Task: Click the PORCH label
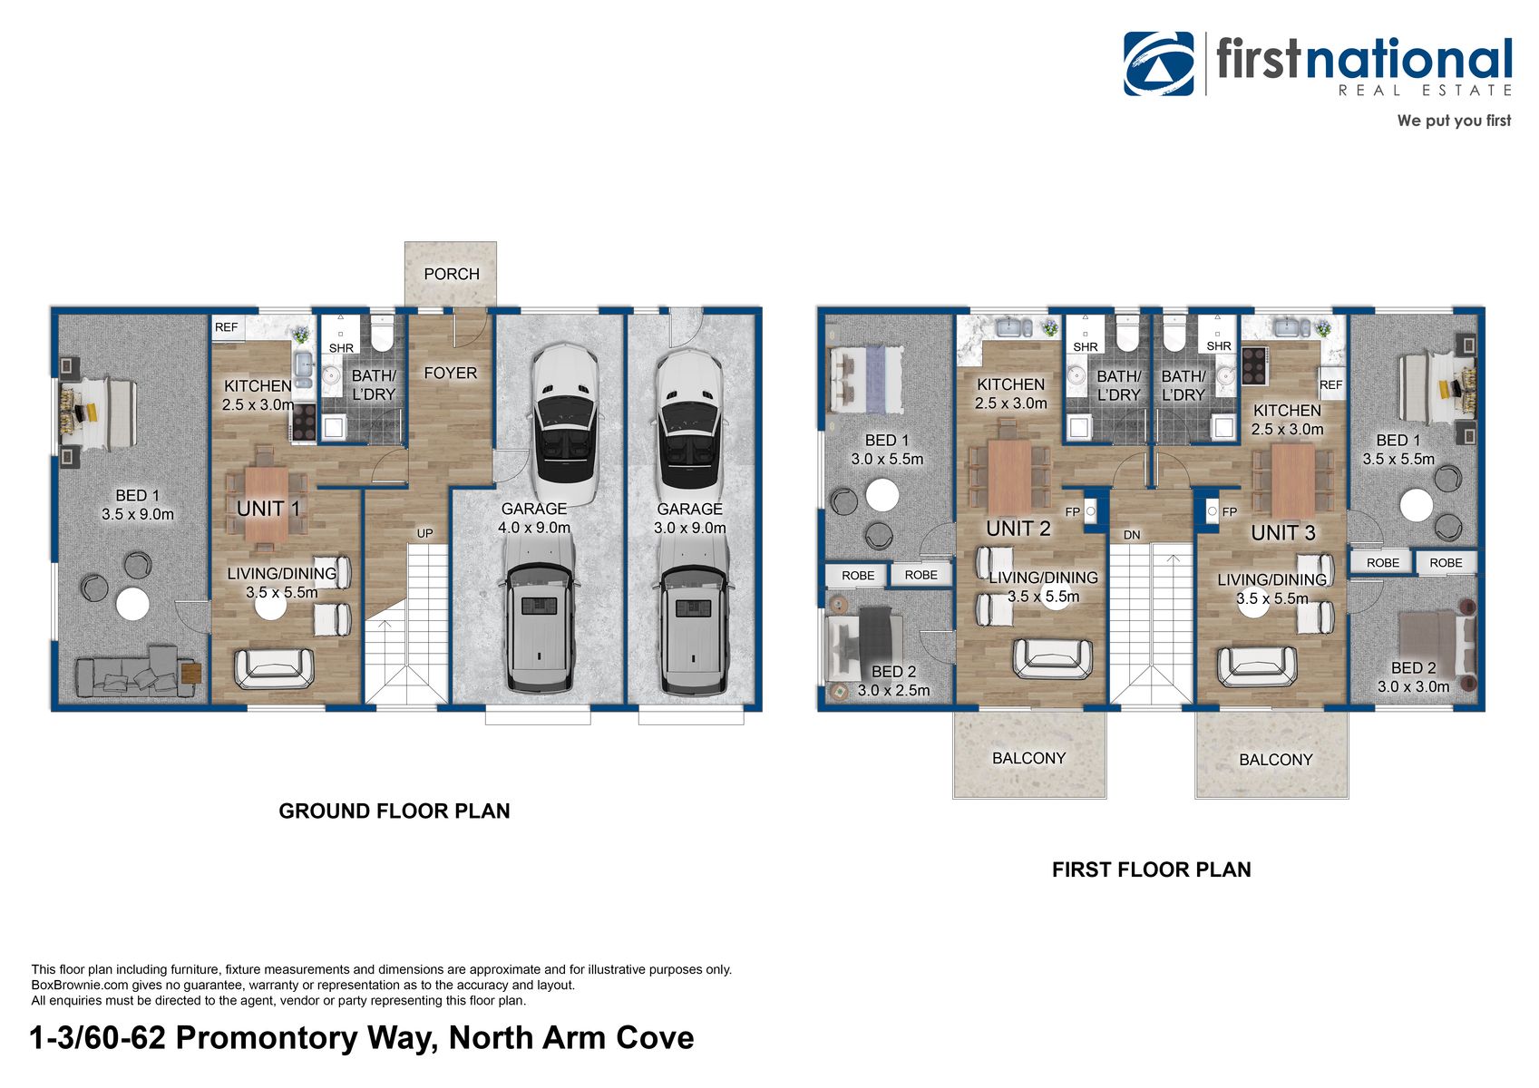[x=451, y=274]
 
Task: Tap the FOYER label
[x=450, y=373]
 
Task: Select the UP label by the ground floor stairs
[x=424, y=533]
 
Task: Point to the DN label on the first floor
[x=1131, y=535]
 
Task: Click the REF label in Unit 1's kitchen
[x=226, y=327]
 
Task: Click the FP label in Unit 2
[x=1072, y=512]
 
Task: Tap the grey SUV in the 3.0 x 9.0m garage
[x=694, y=617]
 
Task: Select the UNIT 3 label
[x=1282, y=533]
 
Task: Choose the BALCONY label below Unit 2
[x=1028, y=758]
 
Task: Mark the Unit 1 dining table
[x=265, y=497]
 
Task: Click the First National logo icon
[x=1158, y=63]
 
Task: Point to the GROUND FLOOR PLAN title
[x=394, y=811]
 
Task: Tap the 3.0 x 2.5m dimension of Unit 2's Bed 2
[x=893, y=691]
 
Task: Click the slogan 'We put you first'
[x=1453, y=121]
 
